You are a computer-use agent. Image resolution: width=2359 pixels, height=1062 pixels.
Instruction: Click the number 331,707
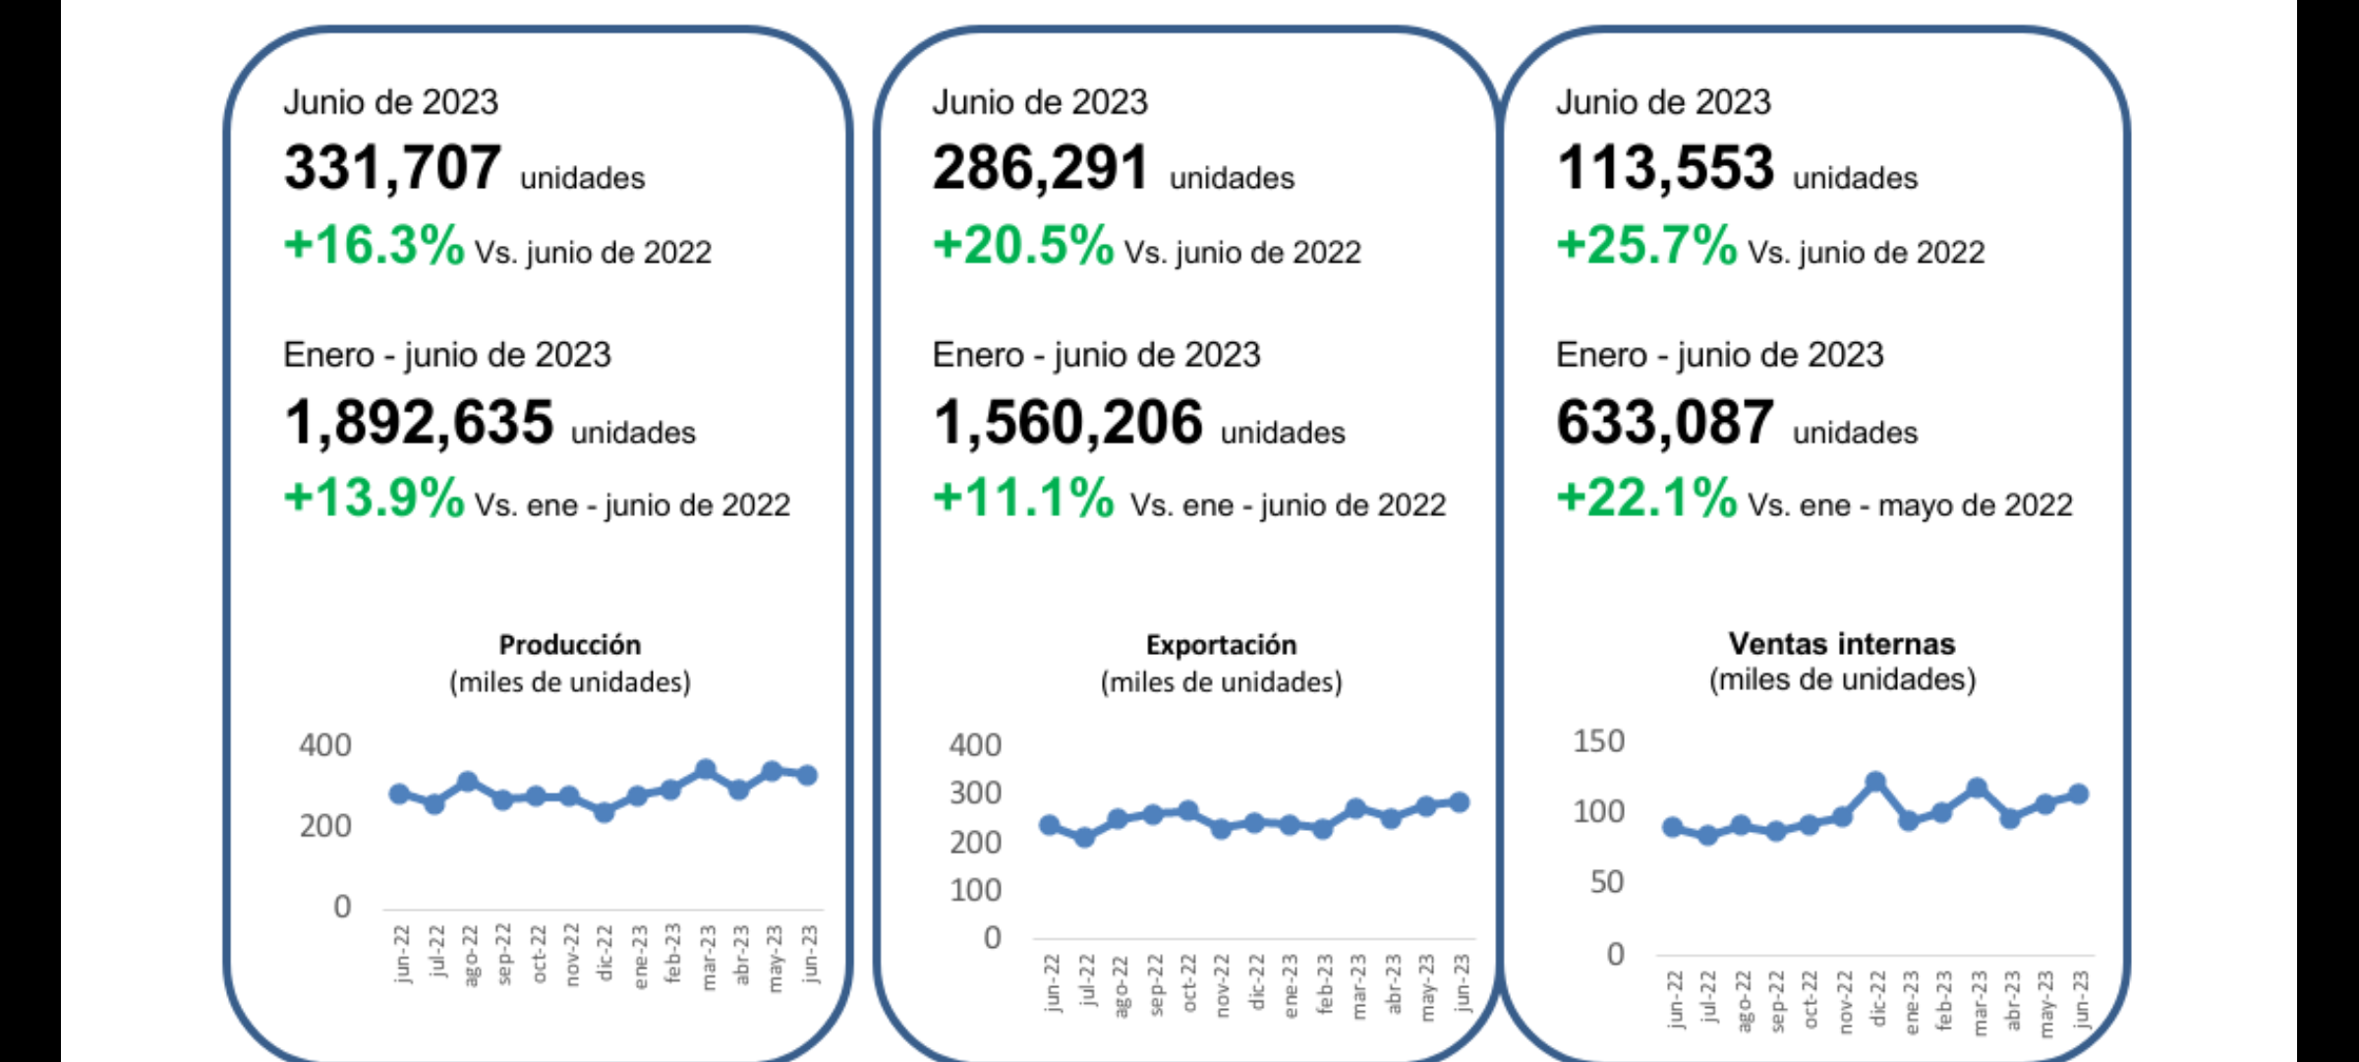point(392,168)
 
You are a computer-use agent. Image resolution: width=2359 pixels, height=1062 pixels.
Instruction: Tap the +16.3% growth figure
point(374,245)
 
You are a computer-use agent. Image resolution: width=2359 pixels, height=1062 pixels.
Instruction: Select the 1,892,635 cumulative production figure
point(419,423)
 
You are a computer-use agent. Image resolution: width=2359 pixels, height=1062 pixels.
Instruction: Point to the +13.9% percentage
point(374,498)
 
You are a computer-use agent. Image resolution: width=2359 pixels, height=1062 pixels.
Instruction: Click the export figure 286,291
point(1040,168)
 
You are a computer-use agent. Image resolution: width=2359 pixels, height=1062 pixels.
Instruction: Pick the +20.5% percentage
point(1022,245)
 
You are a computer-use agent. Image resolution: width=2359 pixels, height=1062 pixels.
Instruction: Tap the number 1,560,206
point(1067,423)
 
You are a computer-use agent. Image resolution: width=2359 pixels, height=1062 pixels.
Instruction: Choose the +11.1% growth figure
point(1022,498)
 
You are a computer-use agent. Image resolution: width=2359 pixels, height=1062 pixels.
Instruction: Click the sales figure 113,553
point(1665,168)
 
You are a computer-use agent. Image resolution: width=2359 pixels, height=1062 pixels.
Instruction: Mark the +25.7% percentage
point(1646,245)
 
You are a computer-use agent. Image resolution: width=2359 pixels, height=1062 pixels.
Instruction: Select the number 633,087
point(1665,423)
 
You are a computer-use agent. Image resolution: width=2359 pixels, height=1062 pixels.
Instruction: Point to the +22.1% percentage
point(1646,498)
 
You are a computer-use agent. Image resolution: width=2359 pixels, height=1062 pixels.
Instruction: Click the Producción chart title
point(570,645)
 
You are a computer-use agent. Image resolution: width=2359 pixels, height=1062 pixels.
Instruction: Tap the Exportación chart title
point(1221,645)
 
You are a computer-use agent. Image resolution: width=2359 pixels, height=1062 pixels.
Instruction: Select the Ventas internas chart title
point(1842,644)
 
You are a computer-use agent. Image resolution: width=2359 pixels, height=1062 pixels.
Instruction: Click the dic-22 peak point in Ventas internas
point(1875,782)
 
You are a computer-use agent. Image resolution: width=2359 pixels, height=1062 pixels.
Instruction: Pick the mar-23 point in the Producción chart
point(705,769)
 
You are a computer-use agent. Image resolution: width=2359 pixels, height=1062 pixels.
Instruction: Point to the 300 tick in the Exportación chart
point(975,794)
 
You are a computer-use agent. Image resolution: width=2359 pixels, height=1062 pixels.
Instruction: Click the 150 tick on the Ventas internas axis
point(1599,741)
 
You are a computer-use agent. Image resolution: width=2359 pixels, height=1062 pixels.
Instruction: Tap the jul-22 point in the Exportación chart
point(1084,838)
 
